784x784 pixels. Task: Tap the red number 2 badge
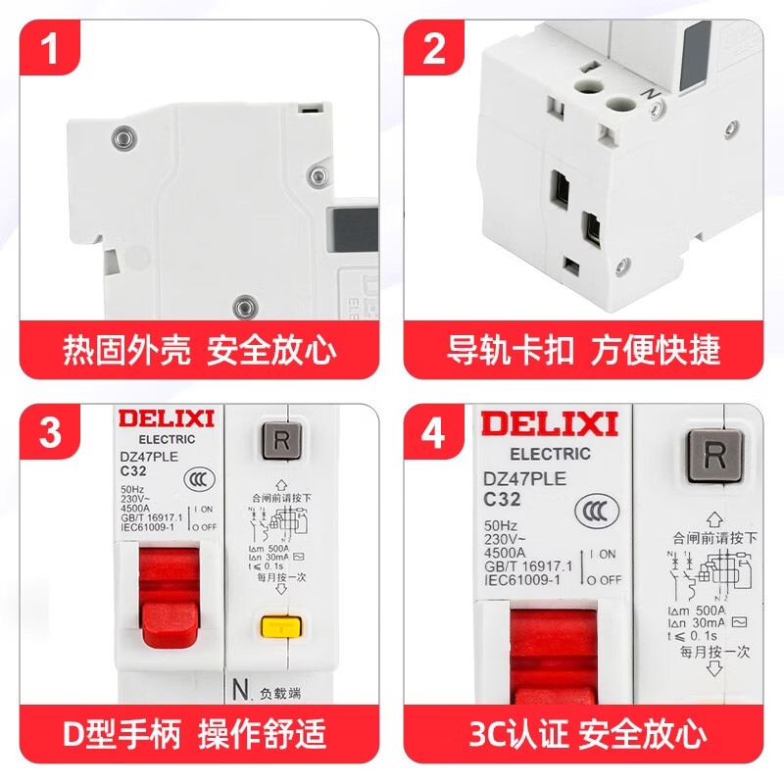pos(435,48)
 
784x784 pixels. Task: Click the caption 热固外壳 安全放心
pos(199,350)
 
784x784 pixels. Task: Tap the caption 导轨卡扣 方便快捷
pos(584,350)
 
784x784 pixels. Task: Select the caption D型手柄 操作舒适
pos(199,732)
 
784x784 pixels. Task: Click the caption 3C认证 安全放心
pos(584,732)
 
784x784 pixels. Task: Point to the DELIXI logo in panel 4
pos(549,424)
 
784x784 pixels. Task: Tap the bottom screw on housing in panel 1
pos(241,307)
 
